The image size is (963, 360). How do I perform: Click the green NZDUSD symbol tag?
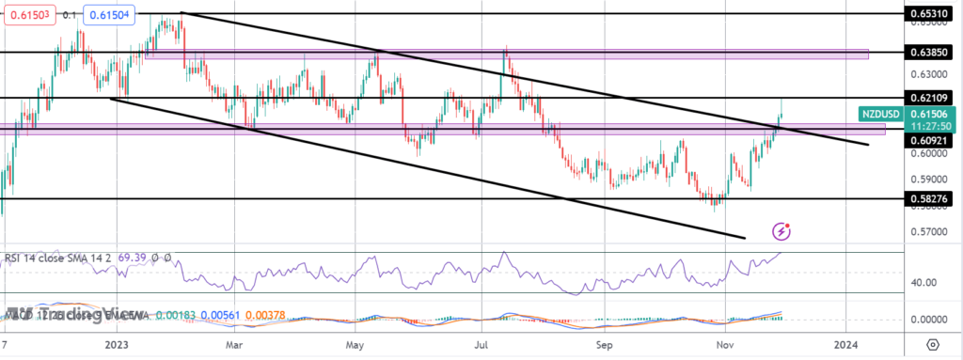click(x=880, y=114)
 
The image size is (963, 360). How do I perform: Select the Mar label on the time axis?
click(x=236, y=345)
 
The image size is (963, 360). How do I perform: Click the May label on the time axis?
click(x=356, y=345)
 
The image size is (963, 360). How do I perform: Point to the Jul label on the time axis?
click(x=481, y=345)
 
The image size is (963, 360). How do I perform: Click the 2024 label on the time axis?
click(x=848, y=345)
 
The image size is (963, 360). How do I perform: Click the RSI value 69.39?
click(x=124, y=257)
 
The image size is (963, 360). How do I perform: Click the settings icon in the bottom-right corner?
click(x=931, y=344)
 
